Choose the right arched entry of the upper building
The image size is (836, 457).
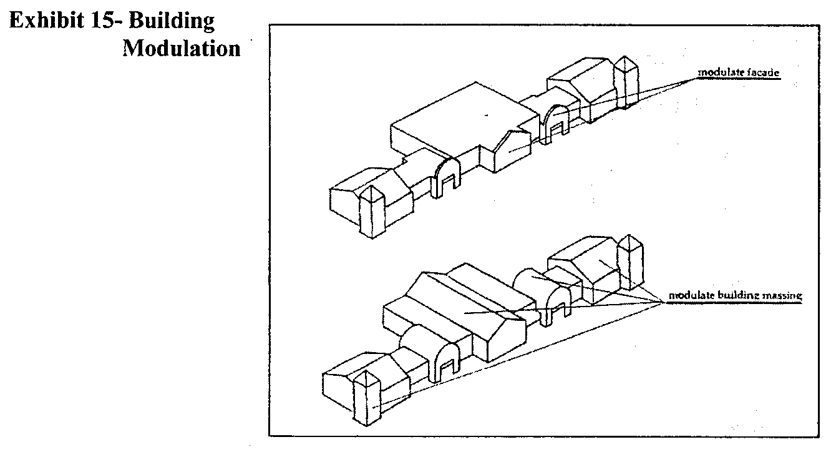pos(556,122)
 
